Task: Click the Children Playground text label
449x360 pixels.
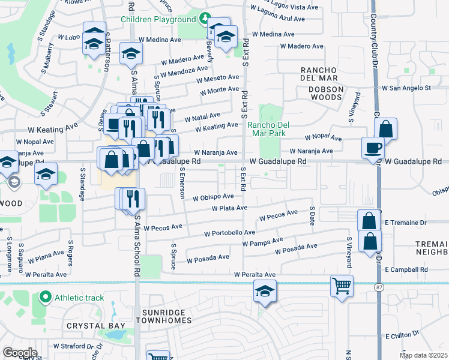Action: [x=158, y=19]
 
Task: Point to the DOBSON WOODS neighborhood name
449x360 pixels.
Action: [x=326, y=89]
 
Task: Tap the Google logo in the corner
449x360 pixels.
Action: [x=19, y=352]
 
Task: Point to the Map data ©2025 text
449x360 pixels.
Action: [x=423, y=355]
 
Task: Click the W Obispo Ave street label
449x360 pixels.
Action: [x=212, y=197]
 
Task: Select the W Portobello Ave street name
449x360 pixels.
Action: [x=230, y=233]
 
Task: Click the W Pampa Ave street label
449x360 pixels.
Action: [x=262, y=242]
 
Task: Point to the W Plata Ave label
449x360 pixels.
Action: [x=229, y=208]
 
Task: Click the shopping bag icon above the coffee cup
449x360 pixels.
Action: [x=385, y=128]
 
